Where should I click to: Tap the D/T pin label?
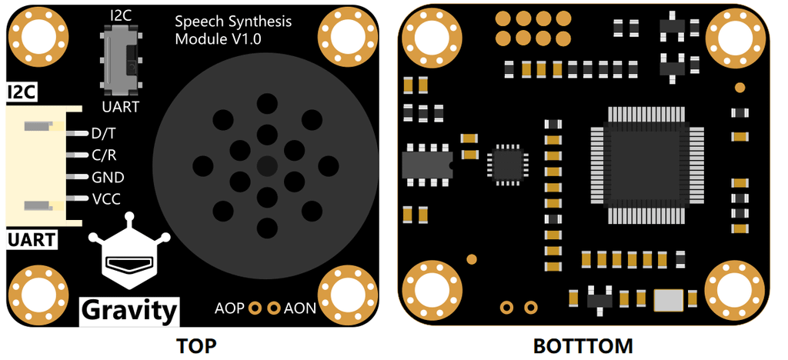coord(103,133)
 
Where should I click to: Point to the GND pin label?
coord(108,177)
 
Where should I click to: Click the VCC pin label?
coord(106,198)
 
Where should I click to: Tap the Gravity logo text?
coord(129,310)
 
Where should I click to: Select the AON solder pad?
coord(274,308)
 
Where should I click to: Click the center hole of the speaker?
coord(267,165)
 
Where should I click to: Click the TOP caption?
coord(196,345)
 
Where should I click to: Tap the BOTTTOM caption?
coord(583,345)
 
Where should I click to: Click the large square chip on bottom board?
coord(645,164)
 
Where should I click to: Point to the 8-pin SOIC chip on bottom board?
coord(426,164)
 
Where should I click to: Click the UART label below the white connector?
coord(32,239)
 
